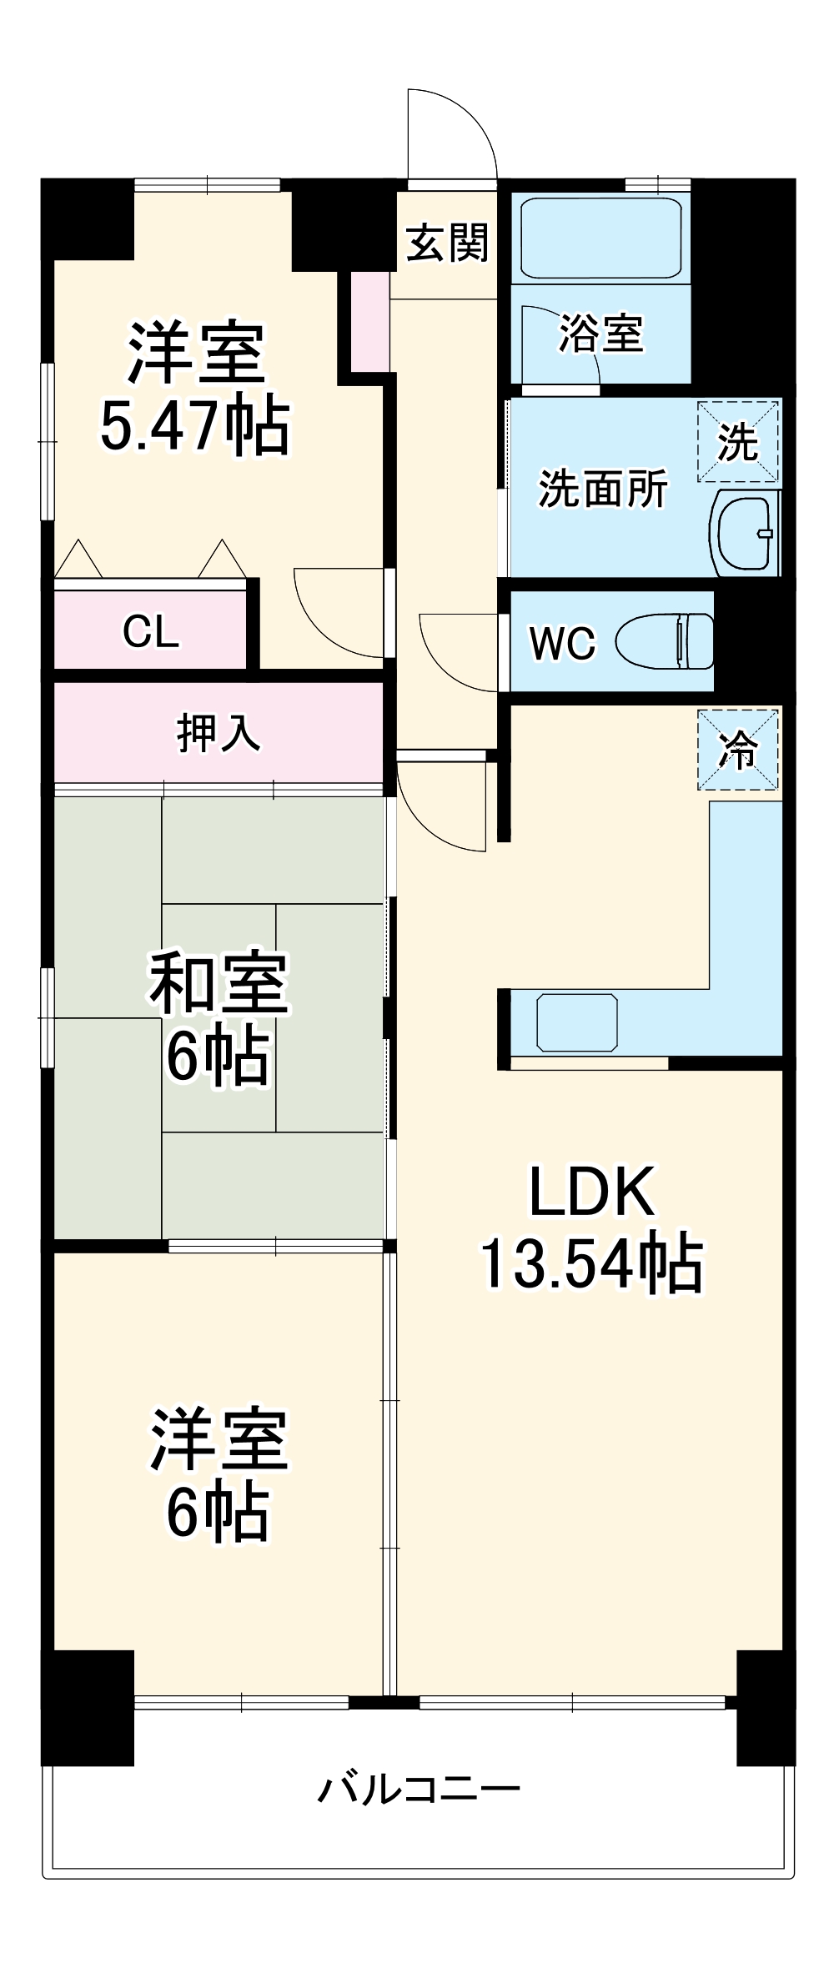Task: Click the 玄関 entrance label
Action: (x=447, y=243)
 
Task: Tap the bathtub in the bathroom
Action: (x=600, y=237)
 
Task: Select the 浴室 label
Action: (x=600, y=334)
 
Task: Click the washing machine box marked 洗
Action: (x=738, y=441)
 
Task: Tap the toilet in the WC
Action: (x=665, y=640)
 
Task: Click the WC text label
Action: (x=563, y=643)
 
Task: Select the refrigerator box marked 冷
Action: (x=738, y=750)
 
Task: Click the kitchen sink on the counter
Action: (x=577, y=1022)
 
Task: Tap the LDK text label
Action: (x=591, y=1192)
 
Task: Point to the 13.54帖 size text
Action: (x=591, y=1264)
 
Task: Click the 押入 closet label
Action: (x=219, y=733)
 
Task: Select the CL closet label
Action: (x=151, y=631)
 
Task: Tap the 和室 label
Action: (x=219, y=982)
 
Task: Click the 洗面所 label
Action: (x=603, y=489)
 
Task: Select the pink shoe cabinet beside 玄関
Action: (x=369, y=321)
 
